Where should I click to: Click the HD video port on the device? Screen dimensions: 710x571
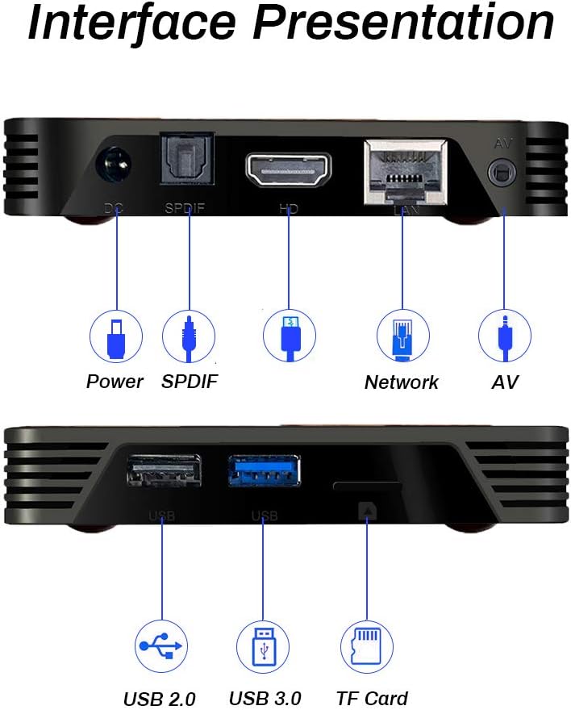(289, 169)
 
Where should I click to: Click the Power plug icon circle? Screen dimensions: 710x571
(115, 336)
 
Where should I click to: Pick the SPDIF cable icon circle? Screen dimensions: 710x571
(189, 336)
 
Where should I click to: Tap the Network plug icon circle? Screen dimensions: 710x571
(402, 336)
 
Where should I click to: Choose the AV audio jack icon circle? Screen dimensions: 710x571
(504, 336)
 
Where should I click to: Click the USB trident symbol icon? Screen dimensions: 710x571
(161, 647)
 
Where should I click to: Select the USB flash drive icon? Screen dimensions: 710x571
(263, 647)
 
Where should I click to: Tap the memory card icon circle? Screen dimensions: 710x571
(367, 647)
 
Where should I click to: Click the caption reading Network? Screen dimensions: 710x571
(402, 382)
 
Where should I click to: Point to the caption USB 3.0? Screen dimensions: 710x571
(265, 698)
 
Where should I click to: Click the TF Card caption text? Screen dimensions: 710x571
(372, 698)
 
